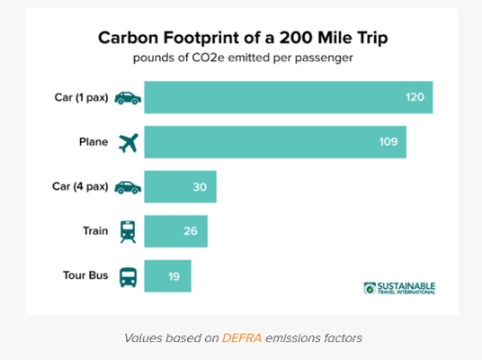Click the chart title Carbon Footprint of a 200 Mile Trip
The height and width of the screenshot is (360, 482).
pos(243,38)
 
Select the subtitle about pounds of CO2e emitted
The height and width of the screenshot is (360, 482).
pos(243,58)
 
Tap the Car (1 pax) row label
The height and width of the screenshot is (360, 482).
pos(82,97)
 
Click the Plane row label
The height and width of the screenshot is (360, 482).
pos(94,142)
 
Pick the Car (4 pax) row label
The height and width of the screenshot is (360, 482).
pos(80,186)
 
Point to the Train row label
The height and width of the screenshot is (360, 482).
pos(95,230)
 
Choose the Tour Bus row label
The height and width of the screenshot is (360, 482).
pos(85,275)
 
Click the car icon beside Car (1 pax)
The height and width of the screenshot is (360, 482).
pos(128,98)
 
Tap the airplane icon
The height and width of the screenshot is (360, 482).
pos(129,143)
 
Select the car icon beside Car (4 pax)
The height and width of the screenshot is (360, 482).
pos(128,187)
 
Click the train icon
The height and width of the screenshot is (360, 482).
pos(128,232)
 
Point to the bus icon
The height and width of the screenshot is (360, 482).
pos(129,277)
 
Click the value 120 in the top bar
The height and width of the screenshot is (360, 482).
pos(415,97)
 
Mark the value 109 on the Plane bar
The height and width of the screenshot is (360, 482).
pos(388,142)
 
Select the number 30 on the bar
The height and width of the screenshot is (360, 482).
pos(200,187)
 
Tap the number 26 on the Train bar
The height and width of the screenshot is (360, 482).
pos(191,231)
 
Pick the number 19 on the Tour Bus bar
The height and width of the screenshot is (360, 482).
pos(174,276)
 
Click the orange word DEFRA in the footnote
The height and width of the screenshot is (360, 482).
pos(242,338)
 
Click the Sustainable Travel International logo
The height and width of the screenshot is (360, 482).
pos(399,288)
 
